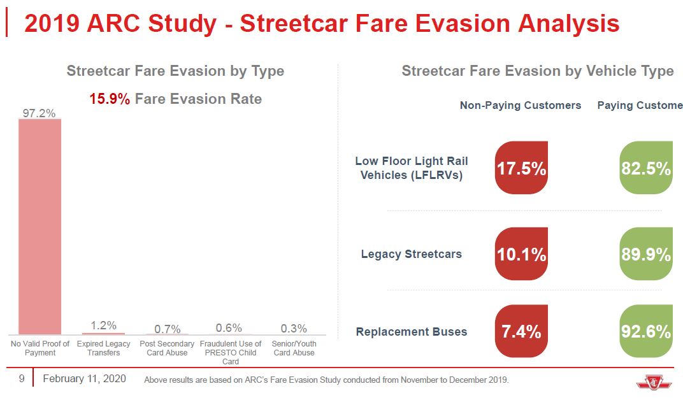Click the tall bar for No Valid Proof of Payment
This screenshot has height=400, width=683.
click(x=40, y=226)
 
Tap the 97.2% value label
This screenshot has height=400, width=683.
click(x=40, y=113)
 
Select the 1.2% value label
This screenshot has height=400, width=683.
click(x=103, y=325)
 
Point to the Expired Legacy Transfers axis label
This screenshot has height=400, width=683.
click(x=103, y=348)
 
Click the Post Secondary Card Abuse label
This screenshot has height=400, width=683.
click(x=167, y=348)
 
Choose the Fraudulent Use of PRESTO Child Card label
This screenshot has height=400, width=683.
click(x=231, y=352)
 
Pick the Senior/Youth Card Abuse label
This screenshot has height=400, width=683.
click(x=294, y=348)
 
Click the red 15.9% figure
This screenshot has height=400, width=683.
click(x=110, y=99)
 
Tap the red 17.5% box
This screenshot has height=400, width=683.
click(x=521, y=168)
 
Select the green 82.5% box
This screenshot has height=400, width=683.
click(x=646, y=168)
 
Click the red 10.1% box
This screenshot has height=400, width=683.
click(x=521, y=254)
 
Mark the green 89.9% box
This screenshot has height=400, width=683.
click(x=646, y=254)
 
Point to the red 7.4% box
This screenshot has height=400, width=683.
click(x=521, y=331)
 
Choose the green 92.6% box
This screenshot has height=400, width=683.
click(x=646, y=331)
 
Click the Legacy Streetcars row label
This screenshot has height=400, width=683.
click(x=412, y=254)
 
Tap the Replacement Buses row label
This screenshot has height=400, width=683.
click(x=412, y=332)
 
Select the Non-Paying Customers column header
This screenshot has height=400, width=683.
click(x=521, y=105)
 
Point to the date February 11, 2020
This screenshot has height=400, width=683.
click(x=84, y=379)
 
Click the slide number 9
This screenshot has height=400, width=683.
click(x=21, y=379)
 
